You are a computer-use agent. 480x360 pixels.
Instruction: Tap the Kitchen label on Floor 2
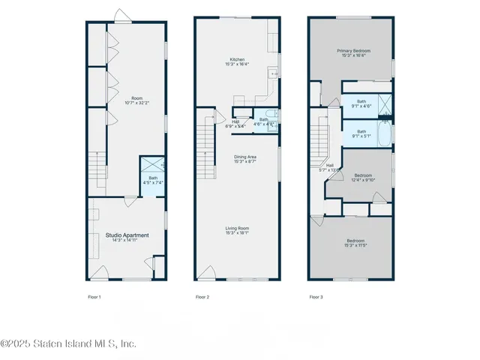(x=238, y=60)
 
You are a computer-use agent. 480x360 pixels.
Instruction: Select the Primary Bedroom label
(x=352, y=52)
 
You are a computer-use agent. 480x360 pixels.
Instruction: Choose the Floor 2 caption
(x=202, y=297)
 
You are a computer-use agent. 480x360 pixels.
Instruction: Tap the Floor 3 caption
(x=316, y=297)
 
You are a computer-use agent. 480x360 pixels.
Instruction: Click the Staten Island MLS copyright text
(x=68, y=343)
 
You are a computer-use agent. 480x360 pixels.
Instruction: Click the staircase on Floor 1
(x=94, y=166)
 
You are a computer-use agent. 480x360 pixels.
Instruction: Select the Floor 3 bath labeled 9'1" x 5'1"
(x=361, y=134)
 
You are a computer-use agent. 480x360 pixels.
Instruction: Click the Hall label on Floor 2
(x=235, y=123)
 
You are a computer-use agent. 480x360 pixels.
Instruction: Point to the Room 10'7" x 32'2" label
(x=136, y=100)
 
